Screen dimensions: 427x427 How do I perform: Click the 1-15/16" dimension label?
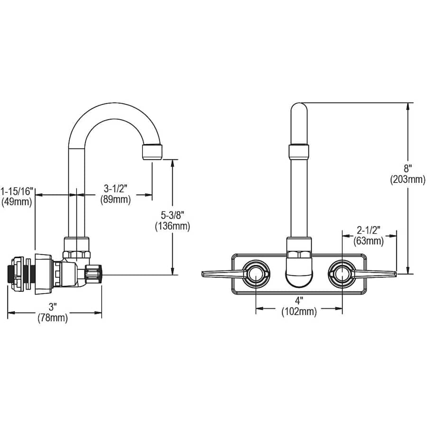(18, 191)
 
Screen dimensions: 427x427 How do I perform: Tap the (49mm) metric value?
(18, 202)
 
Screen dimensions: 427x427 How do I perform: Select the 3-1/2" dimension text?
(115, 189)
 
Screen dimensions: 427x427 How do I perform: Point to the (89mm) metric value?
(115, 199)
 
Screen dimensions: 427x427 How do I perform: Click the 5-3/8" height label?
(172, 216)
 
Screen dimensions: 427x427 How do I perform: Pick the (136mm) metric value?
(172, 226)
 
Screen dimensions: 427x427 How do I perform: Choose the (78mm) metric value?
(53, 318)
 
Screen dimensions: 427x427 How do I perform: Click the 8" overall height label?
(408, 168)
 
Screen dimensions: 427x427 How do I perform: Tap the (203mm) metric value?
(408, 179)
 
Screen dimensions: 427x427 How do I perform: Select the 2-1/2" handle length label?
(369, 230)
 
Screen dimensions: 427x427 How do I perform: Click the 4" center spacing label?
(298, 301)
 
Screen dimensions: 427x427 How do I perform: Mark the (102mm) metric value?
(298, 311)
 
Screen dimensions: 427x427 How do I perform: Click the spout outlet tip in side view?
(152, 153)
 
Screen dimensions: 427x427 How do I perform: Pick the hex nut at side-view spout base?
(76, 247)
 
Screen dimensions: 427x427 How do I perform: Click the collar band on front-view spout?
(298, 152)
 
